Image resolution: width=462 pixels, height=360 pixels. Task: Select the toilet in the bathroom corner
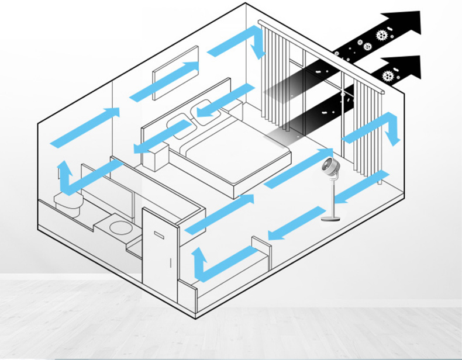(68, 202)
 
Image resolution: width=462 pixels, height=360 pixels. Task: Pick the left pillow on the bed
(178, 127)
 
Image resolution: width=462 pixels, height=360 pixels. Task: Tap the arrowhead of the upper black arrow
(411, 23)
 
